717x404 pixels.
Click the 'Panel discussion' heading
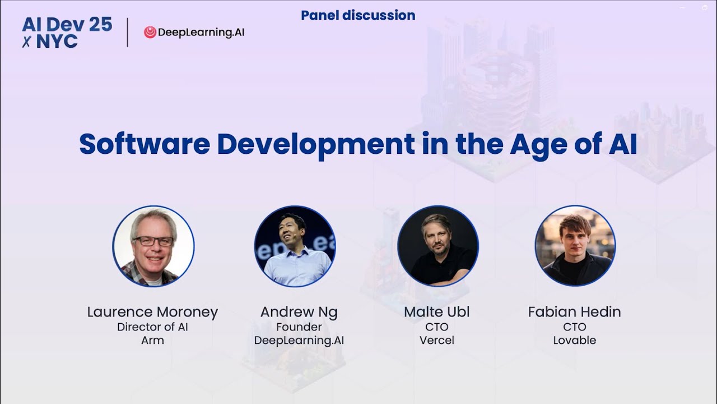pos(358,16)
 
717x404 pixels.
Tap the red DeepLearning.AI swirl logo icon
pos(150,33)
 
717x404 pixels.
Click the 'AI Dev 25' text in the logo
pos(67,24)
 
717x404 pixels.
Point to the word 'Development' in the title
pos(315,144)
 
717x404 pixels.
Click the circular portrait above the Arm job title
pos(153,246)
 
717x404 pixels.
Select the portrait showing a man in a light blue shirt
pos(295,246)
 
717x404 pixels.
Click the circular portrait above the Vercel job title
pos(437,246)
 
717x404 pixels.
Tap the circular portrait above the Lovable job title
pos(575,246)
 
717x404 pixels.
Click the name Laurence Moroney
pos(152,312)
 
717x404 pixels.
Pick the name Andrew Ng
pos(299,312)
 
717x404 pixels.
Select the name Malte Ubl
pos(437,312)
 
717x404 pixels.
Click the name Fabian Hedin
pos(574,312)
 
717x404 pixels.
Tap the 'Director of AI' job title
pos(152,327)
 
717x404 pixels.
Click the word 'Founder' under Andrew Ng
pos(299,327)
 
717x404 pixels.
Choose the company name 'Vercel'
pos(437,341)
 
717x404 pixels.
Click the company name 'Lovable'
pos(574,341)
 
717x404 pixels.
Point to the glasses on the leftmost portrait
pos(153,241)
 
